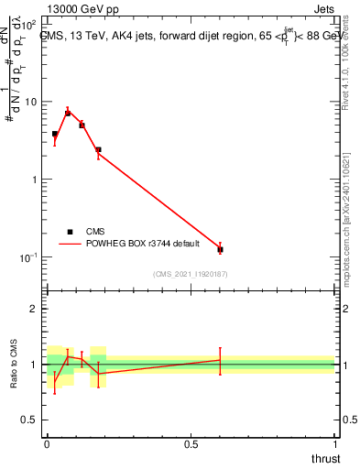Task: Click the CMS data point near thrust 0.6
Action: click(220, 249)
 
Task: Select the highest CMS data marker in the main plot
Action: click(68, 113)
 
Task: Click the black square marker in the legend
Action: click(70, 232)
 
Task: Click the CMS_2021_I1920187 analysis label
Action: click(190, 274)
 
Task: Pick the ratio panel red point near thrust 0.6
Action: click(220, 360)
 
